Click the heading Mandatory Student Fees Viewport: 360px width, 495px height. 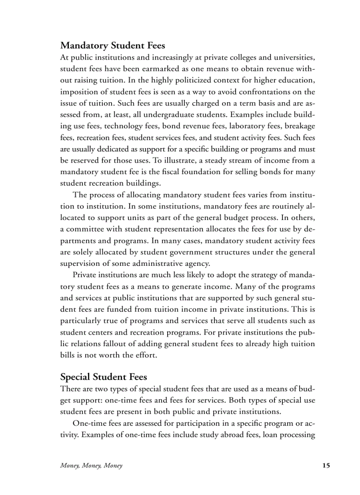(112, 45)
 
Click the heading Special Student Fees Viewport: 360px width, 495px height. (104, 377)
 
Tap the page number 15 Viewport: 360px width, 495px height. (326, 465)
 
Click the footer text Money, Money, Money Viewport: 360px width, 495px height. (91, 465)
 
